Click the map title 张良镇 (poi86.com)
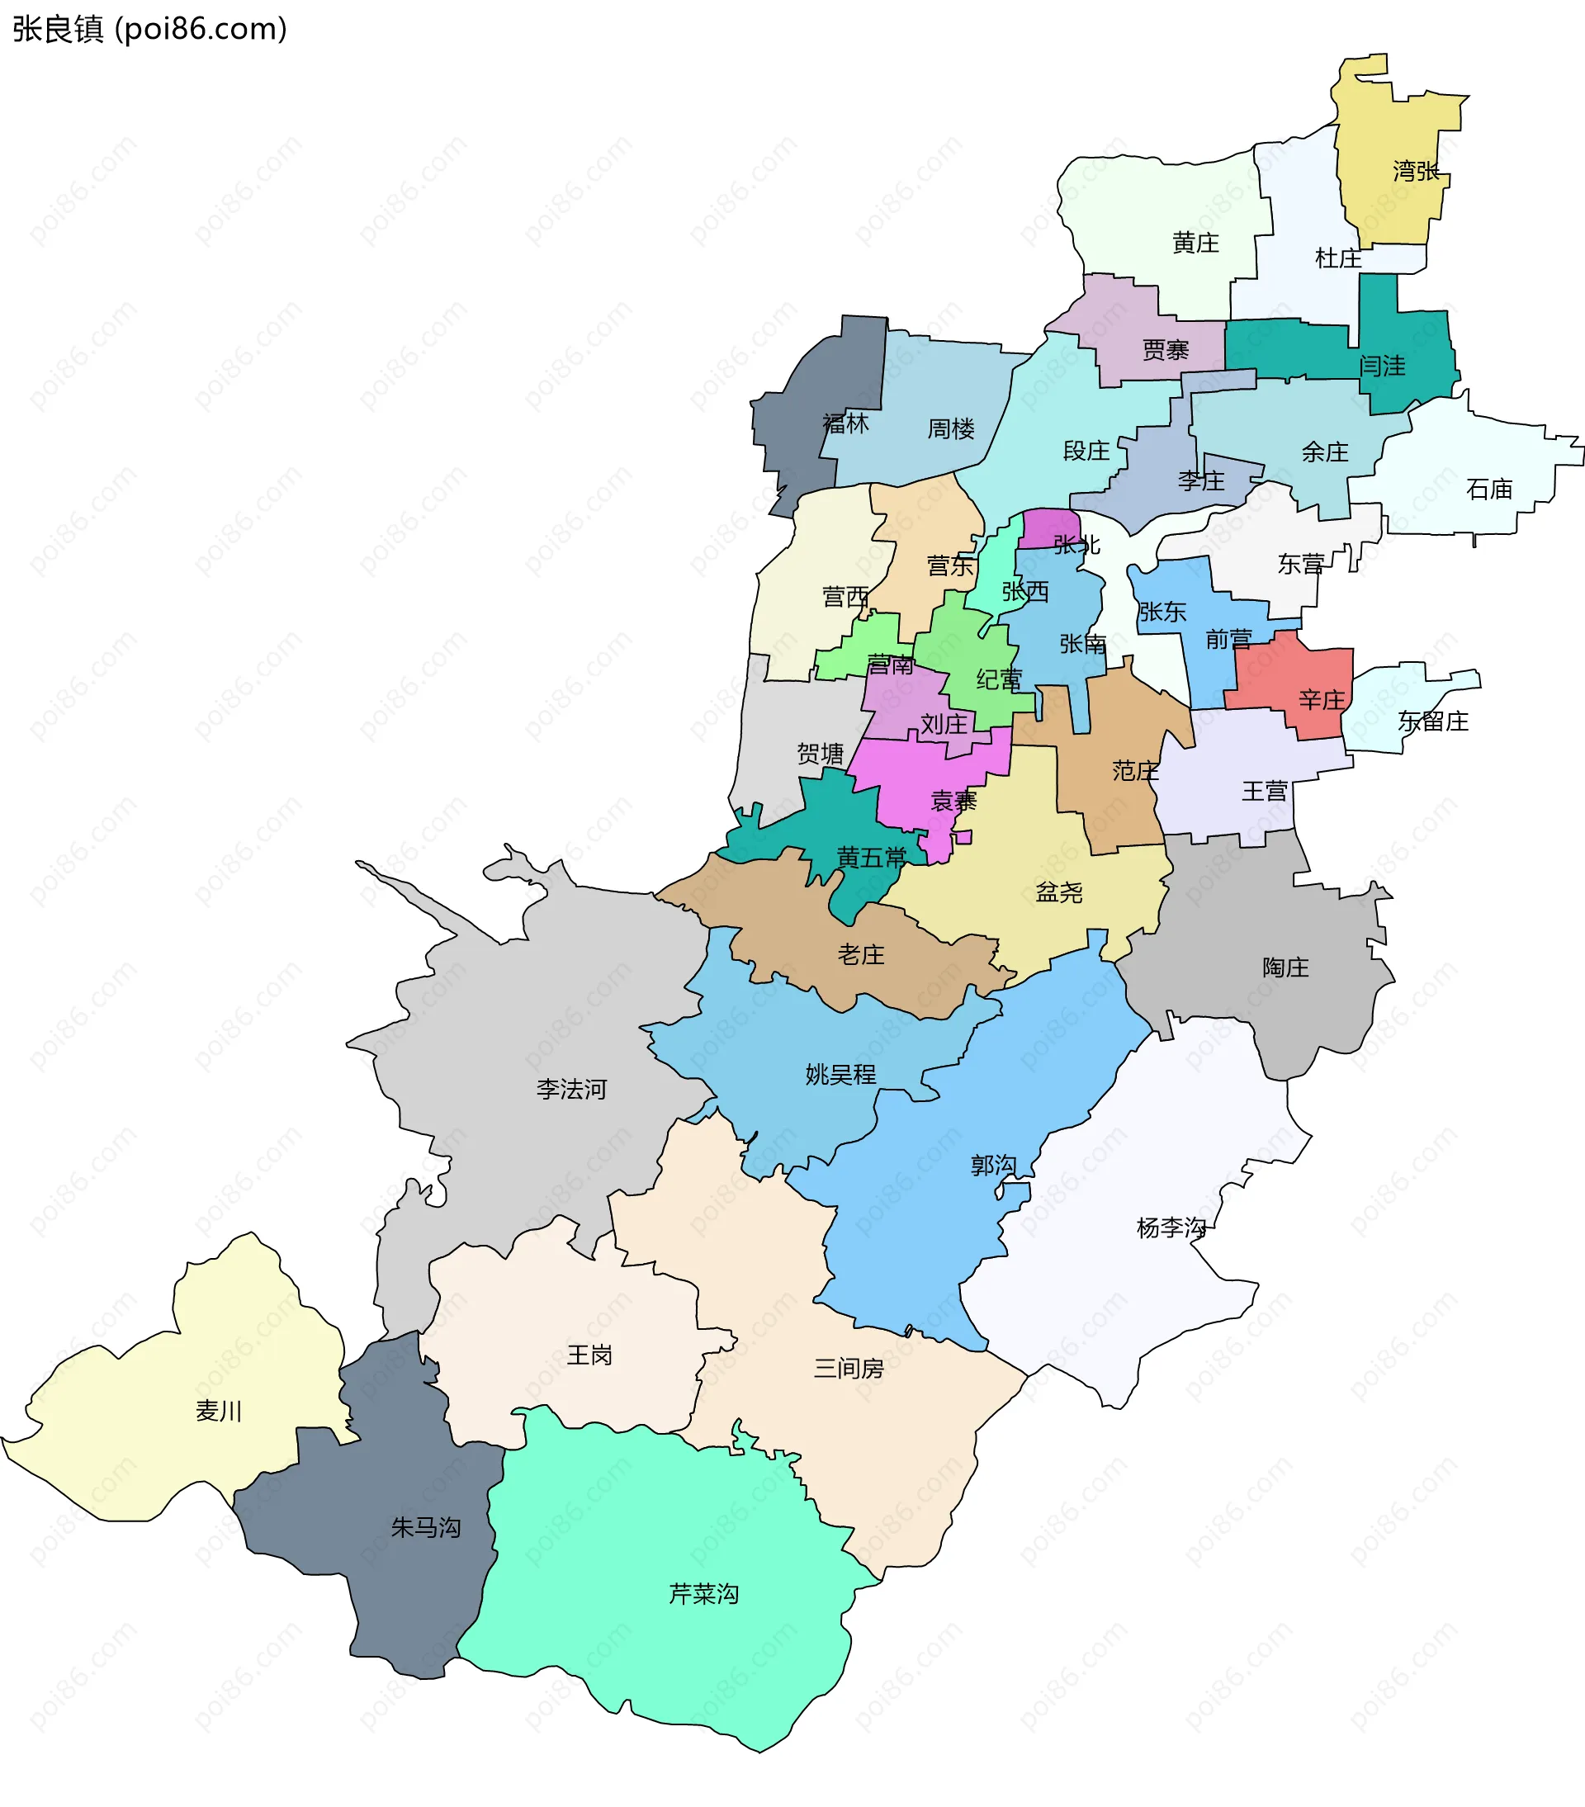pyautogui.click(x=149, y=29)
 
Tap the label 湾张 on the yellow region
pyautogui.click(x=1415, y=171)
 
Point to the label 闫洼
pyautogui.click(x=1382, y=365)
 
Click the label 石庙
pyautogui.click(x=1488, y=489)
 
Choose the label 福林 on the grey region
pyautogui.click(x=845, y=423)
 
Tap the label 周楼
pyautogui.click(x=950, y=428)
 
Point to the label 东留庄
pyautogui.click(x=1432, y=721)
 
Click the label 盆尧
pyautogui.click(x=1058, y=892)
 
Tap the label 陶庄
pyautogui.click(x=1285, y=967)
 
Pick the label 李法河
pyautogui.click(x=571, y=1089)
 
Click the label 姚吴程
pyautogui.click(x=840, y=1074)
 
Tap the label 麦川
pyautogui.click(x=218, y=1411)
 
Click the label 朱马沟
pyautogui.click(x=425, y=1527)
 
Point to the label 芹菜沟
pyautogui.click(x=703, y=1593)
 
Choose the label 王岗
pyautogui.click(x=589, y=1355)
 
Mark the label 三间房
pyautogui.click(x=848, y=1369)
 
